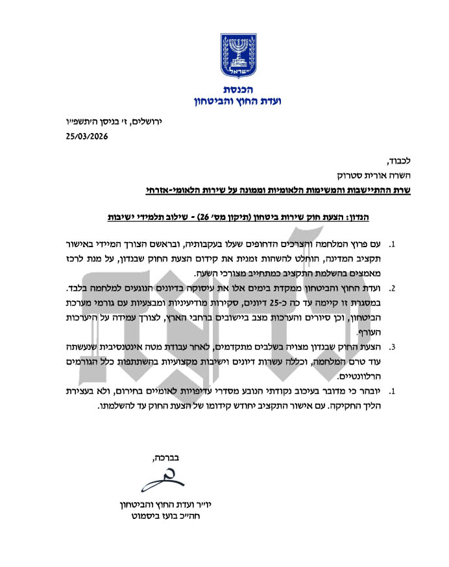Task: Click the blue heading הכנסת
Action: click(x=224, y=89)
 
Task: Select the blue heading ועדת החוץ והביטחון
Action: click(x=224, y=101)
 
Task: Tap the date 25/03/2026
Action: click(x=87, y=136)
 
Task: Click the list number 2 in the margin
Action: click(x=391, y=287)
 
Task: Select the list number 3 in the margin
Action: click(x=391, y=347)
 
